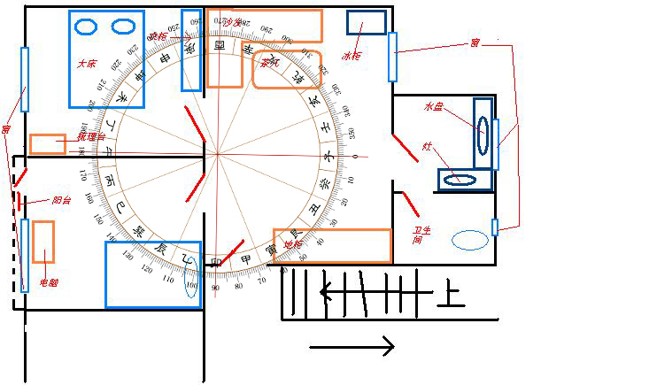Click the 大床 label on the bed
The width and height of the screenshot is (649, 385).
click(x=87, y=64)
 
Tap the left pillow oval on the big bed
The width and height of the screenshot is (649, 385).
click(x=85, y=27)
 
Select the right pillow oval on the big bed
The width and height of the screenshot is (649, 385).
click(x=122, y=27)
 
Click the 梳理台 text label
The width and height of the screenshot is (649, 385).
click(x=90, y=137)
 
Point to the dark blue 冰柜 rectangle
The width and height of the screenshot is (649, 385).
click(x=365, y=22)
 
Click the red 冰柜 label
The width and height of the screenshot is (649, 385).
click(x=352, y=56)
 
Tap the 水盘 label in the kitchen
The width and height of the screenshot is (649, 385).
click(x=433, y=106)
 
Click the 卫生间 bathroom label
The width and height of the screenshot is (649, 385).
click(x=417, y=235)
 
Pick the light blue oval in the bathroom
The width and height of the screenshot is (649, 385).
click(x=469, y=239)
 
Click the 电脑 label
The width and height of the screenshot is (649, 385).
click(x=49, y=283)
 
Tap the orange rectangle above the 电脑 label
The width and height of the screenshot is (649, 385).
click(x=42, y=242)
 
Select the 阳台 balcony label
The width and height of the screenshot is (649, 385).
click(x=61, y=200)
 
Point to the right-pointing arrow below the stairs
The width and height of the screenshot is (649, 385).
click(x=352, y=346)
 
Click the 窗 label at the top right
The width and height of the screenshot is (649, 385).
click(x=475, y=42)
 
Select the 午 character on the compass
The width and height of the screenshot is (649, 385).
click(x=109, y=152)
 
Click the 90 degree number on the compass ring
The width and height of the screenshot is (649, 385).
click(x=215, y=288)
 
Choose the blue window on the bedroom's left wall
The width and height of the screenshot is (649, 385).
click(x=25, y=79)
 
